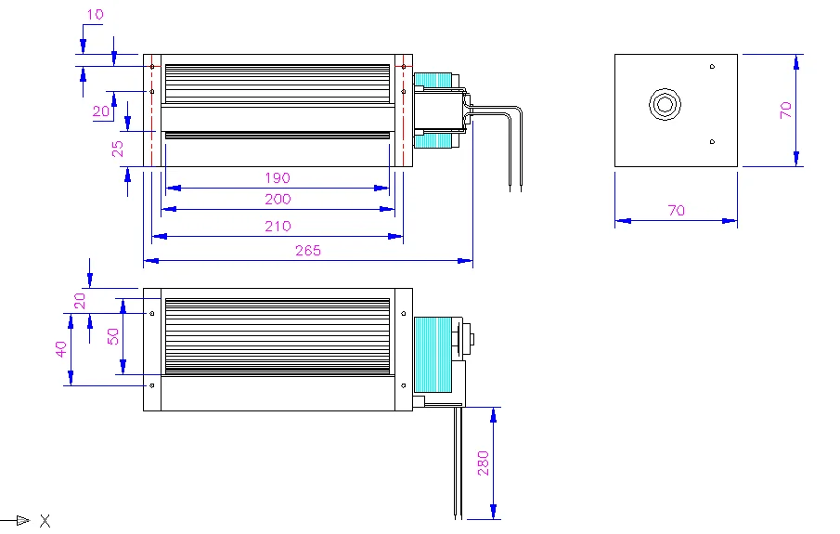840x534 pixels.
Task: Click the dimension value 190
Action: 277,177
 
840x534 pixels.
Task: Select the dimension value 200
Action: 277,199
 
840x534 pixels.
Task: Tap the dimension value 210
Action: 277,226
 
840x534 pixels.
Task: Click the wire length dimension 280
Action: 484,462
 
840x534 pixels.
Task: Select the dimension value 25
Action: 118,149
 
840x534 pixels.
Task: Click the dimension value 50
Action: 113,336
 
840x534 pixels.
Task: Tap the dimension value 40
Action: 61,349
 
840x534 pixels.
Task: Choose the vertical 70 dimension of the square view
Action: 785,110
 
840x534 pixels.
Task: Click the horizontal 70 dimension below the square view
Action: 676,211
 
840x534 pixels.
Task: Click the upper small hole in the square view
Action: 712,66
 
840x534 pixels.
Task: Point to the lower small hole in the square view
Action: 712,142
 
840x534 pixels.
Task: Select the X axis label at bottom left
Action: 45,520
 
